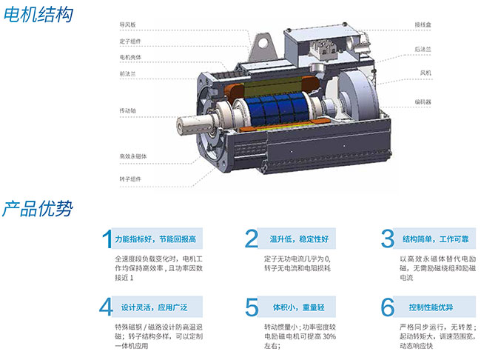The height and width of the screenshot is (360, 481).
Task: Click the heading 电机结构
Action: [38, 14]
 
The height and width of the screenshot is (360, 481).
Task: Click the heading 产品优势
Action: [38, 209]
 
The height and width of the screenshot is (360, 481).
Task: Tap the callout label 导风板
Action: [127, 24]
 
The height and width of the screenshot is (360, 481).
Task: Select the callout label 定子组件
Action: [130, 41]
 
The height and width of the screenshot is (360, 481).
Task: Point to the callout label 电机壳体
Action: [130, 58]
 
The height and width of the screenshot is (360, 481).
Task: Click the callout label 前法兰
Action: [127, 74]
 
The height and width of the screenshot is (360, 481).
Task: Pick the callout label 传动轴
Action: [127, 110]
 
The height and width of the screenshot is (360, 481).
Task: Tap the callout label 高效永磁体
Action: [133, 156]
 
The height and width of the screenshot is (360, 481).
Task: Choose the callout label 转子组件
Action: [130, 179]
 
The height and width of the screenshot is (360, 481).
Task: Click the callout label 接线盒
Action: [423, 24]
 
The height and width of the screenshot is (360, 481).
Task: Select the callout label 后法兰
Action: [423, 49]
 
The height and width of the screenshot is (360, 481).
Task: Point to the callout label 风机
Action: [425, 73]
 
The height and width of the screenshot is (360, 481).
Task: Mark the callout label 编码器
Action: [423, 102]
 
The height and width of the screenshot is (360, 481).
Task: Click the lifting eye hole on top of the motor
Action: [263, 43]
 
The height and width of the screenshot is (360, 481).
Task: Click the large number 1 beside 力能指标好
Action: [107, 239]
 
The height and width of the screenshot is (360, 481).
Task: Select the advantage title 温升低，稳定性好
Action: [299, 239]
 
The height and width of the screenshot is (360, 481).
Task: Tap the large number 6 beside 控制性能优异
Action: [388, 307]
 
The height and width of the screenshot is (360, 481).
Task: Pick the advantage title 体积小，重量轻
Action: [299, 307]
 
